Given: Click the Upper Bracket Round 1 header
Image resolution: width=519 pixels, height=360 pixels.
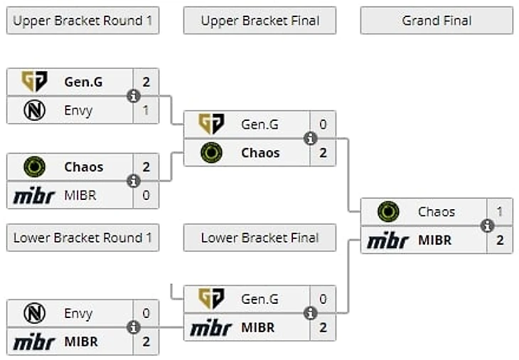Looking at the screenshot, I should [x=82, y=21].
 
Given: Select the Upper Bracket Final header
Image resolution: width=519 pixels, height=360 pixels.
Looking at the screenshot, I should [x=259, y=21].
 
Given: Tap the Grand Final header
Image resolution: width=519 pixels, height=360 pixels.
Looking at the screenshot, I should [x=437, y=21].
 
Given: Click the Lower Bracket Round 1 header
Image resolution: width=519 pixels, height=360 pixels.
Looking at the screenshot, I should [x=82, y=238].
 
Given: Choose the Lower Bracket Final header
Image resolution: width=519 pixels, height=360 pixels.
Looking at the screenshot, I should [x=259, y=238].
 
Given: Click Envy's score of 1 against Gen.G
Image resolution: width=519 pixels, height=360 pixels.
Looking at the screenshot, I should [x=146, y=110].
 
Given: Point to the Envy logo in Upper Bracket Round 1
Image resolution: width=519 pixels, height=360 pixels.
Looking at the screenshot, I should [x=34, y=110].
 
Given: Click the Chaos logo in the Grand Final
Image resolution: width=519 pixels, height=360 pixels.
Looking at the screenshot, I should [x=388, y=212].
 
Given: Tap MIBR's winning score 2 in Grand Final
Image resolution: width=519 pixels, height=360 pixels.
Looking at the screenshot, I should [x=500, y=240].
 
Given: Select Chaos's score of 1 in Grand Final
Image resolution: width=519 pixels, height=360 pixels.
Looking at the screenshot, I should [x=500, y=212].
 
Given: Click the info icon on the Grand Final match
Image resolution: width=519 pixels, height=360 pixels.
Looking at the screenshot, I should [x=487, y=226].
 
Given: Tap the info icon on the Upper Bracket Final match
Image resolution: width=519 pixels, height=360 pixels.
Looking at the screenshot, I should [x=310, y=139].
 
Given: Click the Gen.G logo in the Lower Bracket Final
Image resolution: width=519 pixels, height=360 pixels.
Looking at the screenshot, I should [x=211, y=300].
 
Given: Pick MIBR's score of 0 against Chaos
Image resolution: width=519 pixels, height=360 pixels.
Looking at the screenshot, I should [x=146, y=195].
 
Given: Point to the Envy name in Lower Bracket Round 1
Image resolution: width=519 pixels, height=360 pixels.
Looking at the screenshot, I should [x=78, y=313].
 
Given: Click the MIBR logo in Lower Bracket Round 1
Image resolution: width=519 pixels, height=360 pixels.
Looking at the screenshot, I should [x=34, y=342].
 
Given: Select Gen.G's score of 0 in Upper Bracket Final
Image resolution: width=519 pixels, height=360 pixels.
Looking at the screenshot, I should [x=323, y=125].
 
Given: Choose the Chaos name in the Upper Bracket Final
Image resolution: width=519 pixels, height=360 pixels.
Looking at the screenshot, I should [x=260, y=153].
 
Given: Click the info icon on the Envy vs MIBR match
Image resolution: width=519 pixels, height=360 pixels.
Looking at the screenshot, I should [x=133, y=327].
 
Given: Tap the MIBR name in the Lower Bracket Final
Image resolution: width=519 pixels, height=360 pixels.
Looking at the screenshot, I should [x=257, y=328].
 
